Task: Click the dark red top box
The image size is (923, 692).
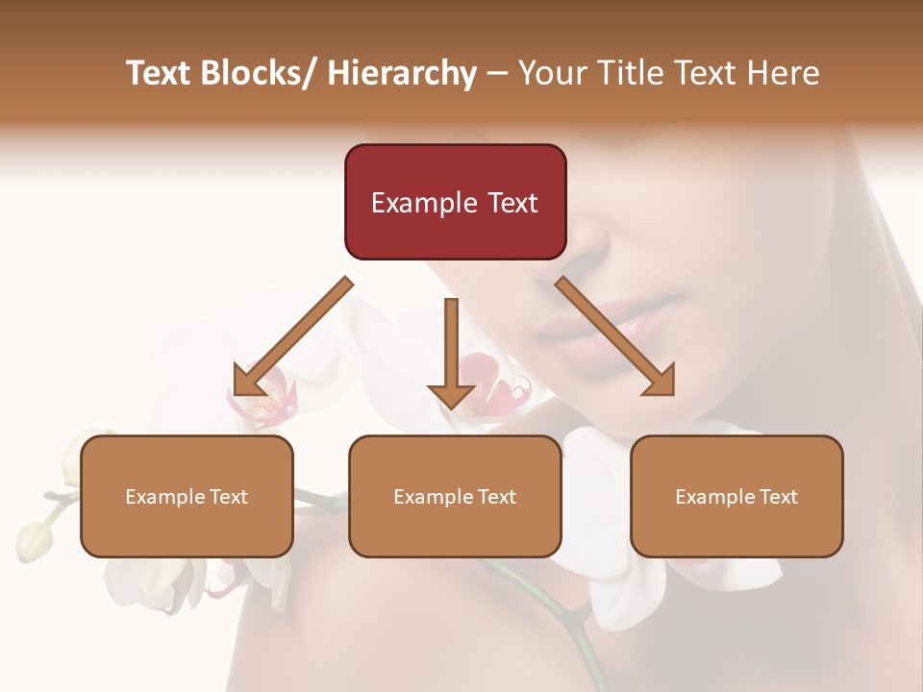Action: coord(455,202)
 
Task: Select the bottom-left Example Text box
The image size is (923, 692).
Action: coord(187,496)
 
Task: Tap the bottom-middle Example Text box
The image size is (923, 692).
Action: coord(455,496)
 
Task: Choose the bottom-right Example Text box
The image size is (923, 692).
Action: coord(736,496)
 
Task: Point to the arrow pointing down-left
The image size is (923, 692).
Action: coord(291,338)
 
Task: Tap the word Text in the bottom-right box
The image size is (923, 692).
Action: coord(777,496)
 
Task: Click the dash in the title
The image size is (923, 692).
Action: coord(497,73)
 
